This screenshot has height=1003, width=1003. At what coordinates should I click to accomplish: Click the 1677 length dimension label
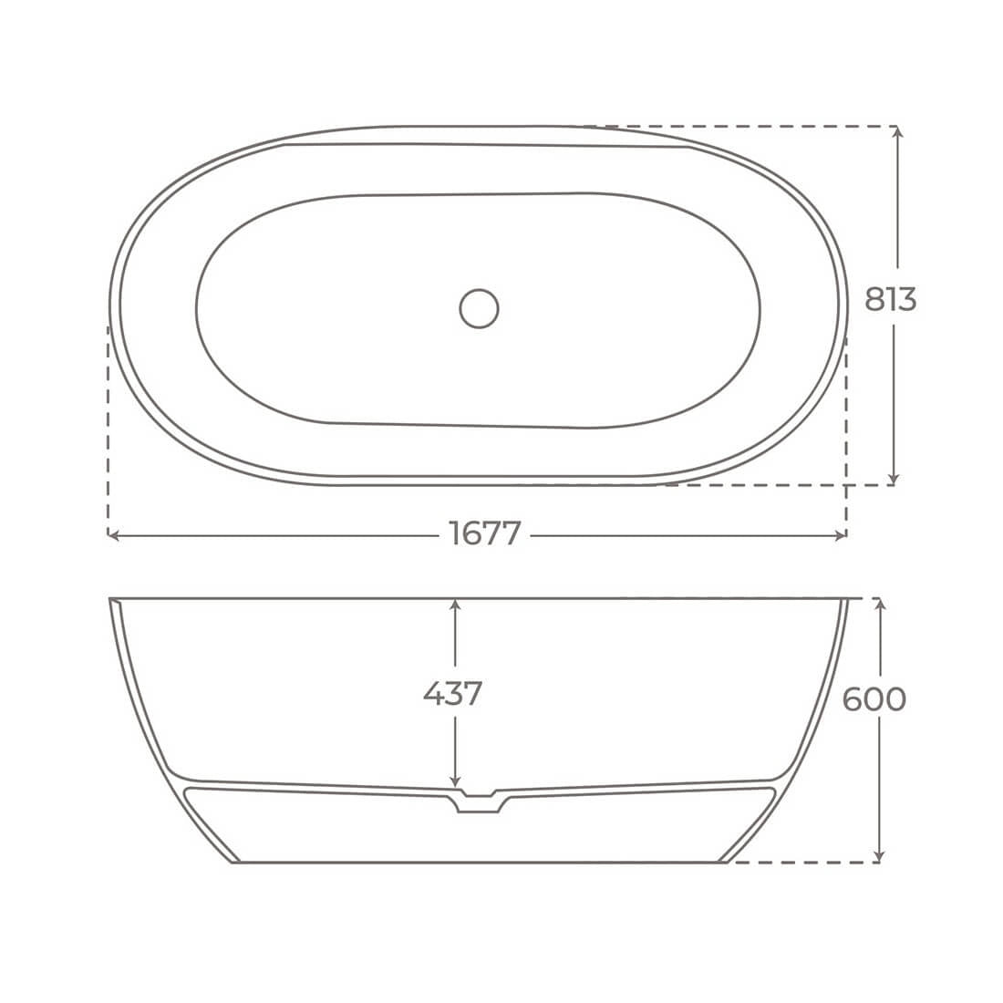pyautogui.click(x=484, y=534)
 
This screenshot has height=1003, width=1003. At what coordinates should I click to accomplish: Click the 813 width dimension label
pyautogui.click(x=890, y=298)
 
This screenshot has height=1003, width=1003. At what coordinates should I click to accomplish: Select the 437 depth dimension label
pyautogui.click(x=452, y=694)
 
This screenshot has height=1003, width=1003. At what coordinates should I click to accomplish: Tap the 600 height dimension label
pyautogui.click(x=874, y=699)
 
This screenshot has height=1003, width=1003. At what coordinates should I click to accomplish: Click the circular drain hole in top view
pyautogui.click(x=479, y=308)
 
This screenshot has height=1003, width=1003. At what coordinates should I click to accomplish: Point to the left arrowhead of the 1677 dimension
pyautogui.click(x=113, y=535)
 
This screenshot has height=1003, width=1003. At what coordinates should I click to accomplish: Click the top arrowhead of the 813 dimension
pyautogui.click(x=898, y=132)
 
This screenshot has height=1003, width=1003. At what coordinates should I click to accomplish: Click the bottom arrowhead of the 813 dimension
pyautogui.click(x=894, y=479)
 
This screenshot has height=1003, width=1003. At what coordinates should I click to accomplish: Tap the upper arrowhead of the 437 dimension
pyautogui.click(x=455, y=605)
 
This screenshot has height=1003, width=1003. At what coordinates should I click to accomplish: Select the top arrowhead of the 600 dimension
pyautogui.click(x=879, y=605)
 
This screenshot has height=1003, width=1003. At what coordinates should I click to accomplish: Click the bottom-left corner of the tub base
pyautogui.click(x=235, y=861)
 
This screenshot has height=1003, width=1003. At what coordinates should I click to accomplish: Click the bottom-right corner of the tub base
pyautogui.click(x=724, y=861)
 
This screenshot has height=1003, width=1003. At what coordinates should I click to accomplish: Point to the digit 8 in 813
pyautogui.click(x=874, y=298)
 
